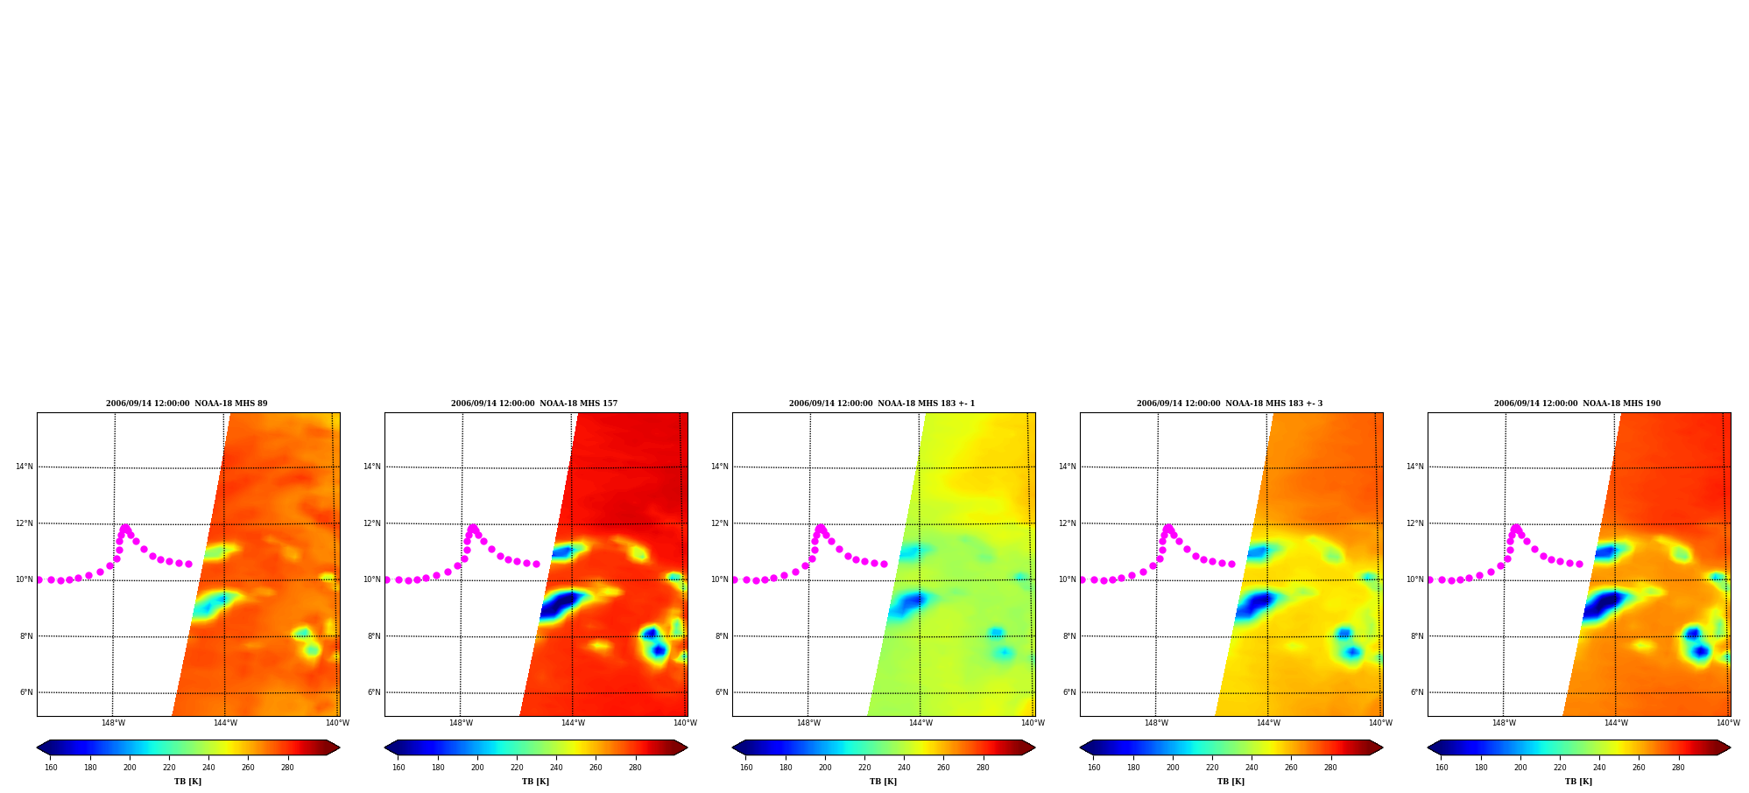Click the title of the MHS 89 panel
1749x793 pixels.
187,404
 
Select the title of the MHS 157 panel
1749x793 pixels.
534,404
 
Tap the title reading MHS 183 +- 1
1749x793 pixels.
882,404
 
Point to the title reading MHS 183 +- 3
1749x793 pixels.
1230,404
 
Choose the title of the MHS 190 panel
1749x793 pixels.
1577,404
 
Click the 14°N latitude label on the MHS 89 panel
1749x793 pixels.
25,467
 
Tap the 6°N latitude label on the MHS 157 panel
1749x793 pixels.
374,692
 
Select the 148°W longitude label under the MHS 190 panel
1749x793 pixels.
1504,723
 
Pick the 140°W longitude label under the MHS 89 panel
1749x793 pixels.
337,723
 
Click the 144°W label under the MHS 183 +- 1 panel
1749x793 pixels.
920,723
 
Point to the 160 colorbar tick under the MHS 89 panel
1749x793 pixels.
51,768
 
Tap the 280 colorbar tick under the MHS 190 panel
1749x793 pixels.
1678,768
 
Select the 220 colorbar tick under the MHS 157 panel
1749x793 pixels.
517,768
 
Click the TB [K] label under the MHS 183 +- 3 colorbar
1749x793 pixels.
1231,782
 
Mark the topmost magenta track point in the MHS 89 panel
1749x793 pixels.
125,528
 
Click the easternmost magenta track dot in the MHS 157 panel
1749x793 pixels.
536,564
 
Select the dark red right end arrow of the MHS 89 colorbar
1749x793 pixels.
333,747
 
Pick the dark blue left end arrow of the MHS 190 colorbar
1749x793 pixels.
1435,747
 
